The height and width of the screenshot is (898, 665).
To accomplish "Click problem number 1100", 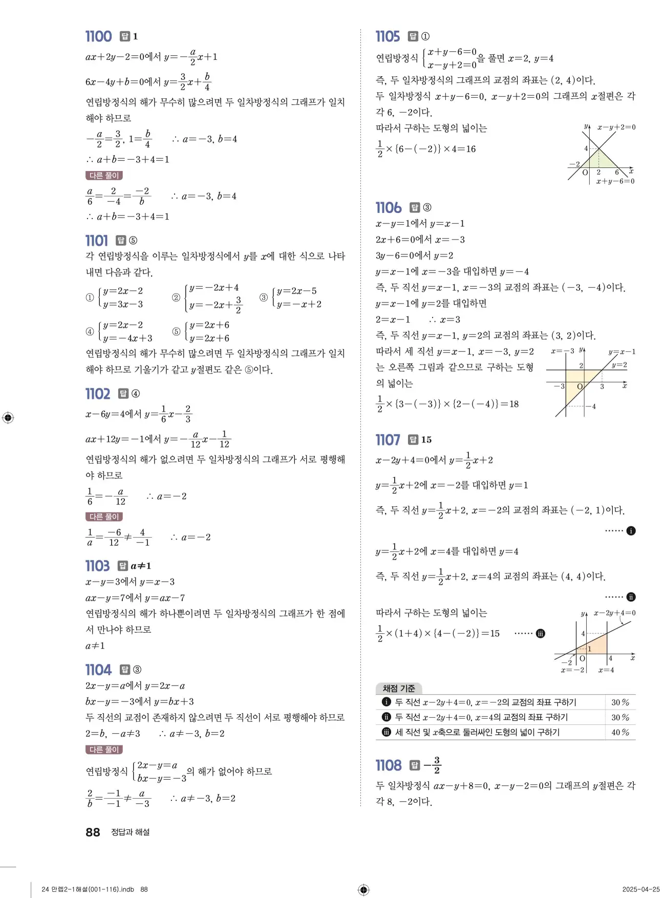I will [98, 36].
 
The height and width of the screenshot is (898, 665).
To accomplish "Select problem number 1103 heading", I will [97, 566].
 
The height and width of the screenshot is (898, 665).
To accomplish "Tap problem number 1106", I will [389, 207].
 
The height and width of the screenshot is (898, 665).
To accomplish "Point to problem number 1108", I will [389, 765].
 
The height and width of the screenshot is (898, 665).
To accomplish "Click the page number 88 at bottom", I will [93, 832].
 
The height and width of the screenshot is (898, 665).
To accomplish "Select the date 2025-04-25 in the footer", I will [641, 889].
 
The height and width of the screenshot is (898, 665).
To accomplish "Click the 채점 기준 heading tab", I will [399, 689].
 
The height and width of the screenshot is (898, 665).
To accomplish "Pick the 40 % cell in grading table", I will [620, 732].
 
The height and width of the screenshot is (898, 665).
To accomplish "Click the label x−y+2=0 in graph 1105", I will [616, 127].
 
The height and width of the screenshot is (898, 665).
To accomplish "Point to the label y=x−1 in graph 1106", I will [622, 352].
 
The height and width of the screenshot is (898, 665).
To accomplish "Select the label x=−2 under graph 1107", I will [572, 670].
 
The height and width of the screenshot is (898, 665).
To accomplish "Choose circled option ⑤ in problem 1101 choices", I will [176, 332].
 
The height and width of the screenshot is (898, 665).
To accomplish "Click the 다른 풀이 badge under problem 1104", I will [104, 750].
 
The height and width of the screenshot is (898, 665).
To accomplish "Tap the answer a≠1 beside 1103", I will [141, 566].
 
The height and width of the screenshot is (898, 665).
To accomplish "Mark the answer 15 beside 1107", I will [426, 440].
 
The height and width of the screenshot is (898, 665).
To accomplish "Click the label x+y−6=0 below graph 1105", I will [615, 181].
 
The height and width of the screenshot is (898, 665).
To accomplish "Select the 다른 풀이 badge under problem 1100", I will [104, 176].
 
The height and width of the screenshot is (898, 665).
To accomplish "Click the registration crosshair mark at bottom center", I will [363, 889].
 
